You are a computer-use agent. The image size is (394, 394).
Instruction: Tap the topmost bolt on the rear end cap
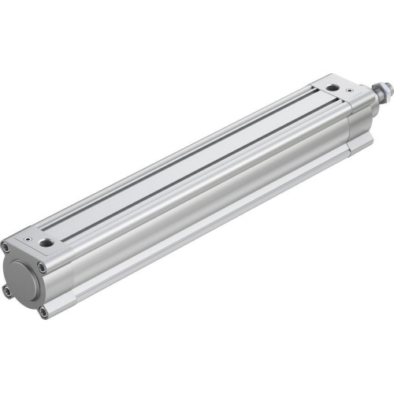click(5, 247)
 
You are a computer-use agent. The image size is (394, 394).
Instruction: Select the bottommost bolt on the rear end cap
click(43, 312)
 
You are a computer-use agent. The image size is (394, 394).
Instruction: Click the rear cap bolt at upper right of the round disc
click(41, 266)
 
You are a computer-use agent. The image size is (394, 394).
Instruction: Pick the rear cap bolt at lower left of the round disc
click(7, 291)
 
